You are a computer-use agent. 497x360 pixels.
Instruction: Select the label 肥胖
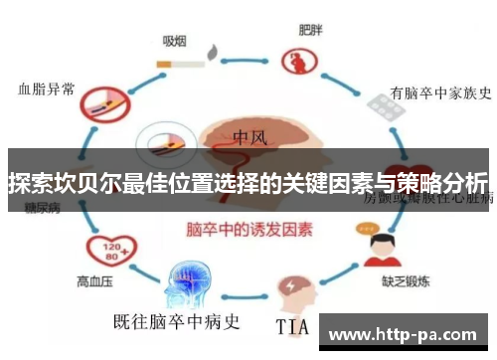310,31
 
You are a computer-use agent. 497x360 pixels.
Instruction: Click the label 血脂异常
47,88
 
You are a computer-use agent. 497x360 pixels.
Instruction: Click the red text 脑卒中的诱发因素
249,228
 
